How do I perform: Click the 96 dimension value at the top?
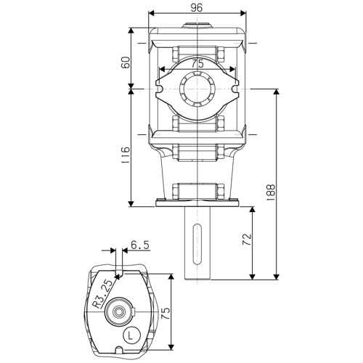pos(196,8)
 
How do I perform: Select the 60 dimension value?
pos(126,62)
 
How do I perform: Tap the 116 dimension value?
pos(126,154)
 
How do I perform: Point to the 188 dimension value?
pos(271,192)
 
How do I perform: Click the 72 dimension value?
pos(247,240)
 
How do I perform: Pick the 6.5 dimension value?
pos(140,245)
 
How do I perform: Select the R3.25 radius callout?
pos(103,294)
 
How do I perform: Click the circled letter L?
pos(131,335)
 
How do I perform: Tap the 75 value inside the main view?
pos(197,64)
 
